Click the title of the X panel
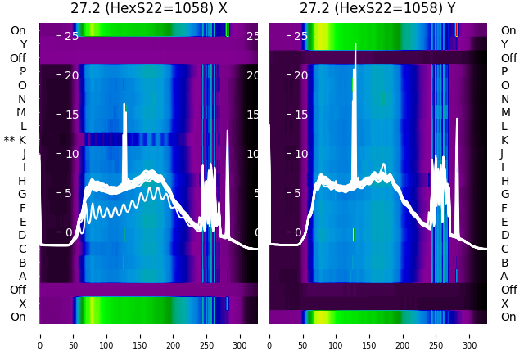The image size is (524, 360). point(148,9)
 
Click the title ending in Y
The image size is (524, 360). point(377,9)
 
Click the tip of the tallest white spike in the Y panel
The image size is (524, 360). point(355,44)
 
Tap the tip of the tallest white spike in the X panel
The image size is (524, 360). point(124,104)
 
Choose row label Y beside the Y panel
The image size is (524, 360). point(504,44)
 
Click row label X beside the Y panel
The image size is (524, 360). point(504,304)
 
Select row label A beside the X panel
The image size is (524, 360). point(23,276)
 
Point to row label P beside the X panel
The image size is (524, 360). point(23,71)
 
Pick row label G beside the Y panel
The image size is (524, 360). point(504,194)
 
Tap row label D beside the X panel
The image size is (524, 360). point(23,235)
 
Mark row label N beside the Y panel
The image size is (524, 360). point(504,99)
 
